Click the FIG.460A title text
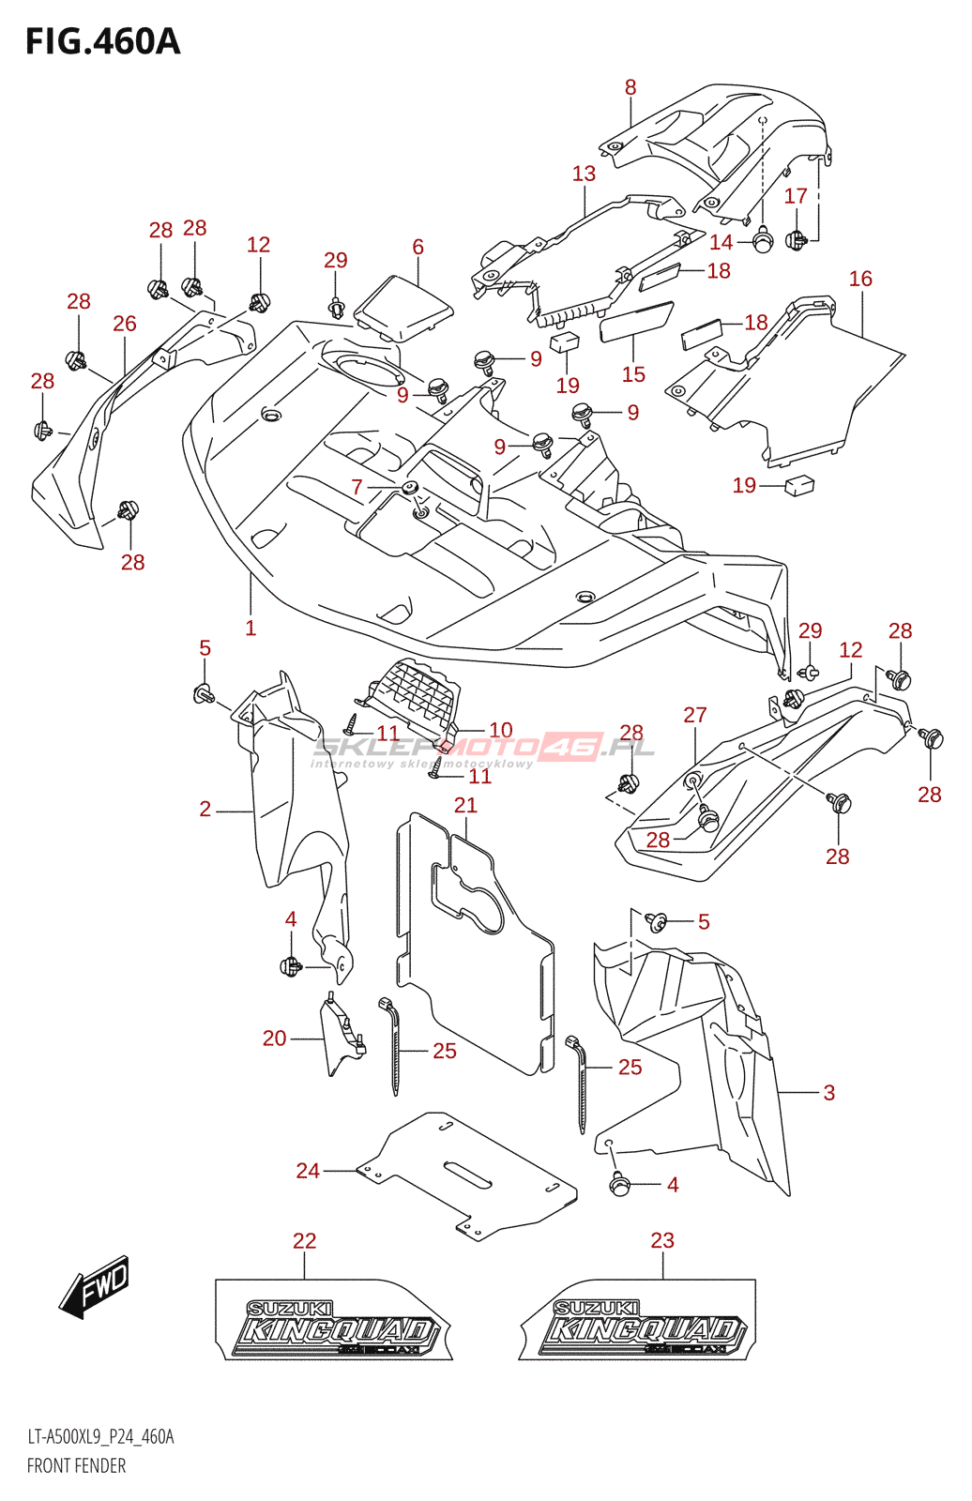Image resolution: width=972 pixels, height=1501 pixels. pos(102,42)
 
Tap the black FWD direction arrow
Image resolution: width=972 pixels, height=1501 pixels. pos(95,1286)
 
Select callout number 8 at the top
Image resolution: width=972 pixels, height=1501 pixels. pos(630,87)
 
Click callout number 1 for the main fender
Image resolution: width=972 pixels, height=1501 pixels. pos(251,628)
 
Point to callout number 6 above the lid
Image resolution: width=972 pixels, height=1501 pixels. pos(418,247)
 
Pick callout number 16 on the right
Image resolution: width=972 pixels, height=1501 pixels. pos(860,279)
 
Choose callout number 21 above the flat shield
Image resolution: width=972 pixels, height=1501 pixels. pos(465,805)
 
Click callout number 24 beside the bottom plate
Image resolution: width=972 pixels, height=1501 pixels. pos(308,1170)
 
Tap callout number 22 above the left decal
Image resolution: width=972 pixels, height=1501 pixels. pos(304,1240)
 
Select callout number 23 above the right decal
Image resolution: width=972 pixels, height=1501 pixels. pos(662,1240)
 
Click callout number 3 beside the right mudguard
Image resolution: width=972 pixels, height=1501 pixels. pos(828,1092)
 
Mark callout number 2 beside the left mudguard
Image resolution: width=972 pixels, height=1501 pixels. pos(205,809)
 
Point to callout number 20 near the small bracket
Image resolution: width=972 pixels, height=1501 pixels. pos(274,1038)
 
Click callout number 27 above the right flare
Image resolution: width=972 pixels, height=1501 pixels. pos(694,715)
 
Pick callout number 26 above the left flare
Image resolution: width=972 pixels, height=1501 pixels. pos(124,324)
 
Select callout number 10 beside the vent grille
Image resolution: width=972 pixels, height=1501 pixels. pos(501,730)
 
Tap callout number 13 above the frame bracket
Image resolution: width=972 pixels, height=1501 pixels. pos(584,174)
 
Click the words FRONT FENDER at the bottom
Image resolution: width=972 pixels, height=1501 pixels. pos(76,1465)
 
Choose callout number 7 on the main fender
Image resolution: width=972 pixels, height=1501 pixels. pos(357,487)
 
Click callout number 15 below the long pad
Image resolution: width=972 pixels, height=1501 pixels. pos(633,374)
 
